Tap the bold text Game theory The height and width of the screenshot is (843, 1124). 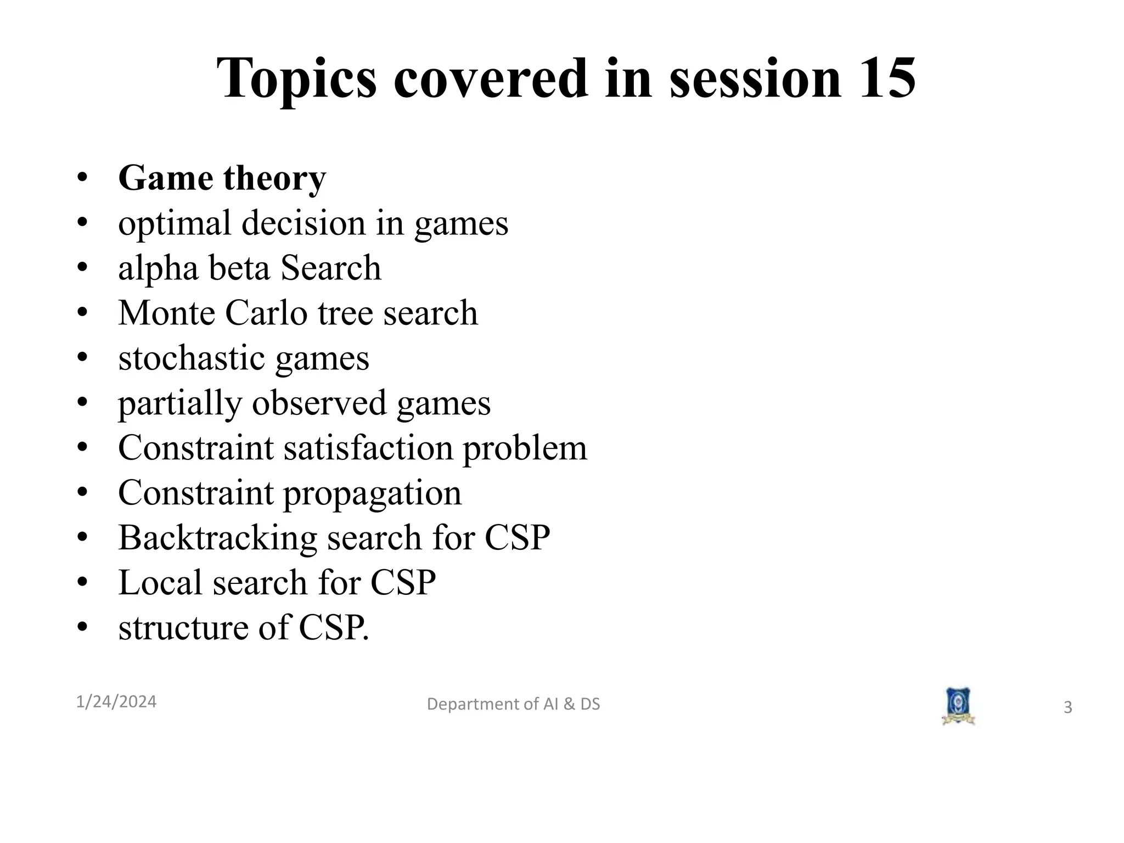(222, 178)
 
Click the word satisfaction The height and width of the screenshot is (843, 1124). (368, 448)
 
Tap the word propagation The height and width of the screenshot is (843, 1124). (372, 493)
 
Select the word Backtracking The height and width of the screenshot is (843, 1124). (217, 537)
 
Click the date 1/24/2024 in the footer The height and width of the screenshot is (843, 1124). (116, 701)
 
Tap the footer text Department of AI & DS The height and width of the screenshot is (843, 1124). (513, 704)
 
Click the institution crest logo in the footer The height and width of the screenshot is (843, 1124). (958, 705)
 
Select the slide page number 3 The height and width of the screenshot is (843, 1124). (1067, 707)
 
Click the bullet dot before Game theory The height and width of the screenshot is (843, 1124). (82, 178)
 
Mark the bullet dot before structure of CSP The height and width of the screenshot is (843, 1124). (82, 627)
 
